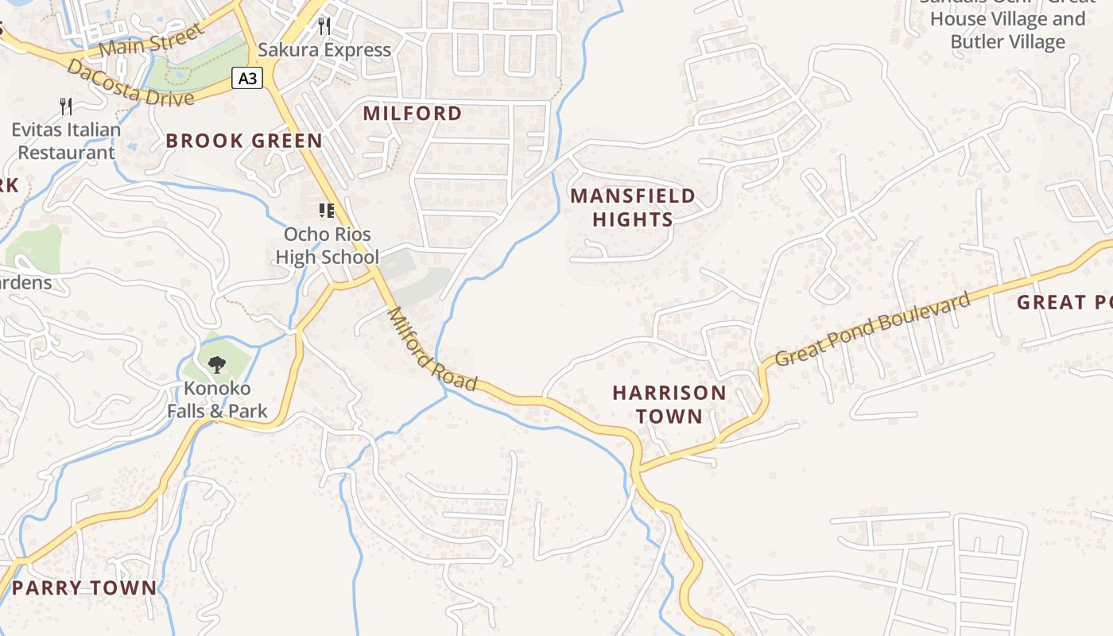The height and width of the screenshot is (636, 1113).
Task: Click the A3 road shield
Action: click(x=247, y=78)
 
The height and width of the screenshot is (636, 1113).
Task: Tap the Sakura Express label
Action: click(x=324, y=50)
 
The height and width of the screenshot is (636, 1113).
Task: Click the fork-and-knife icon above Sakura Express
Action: click(x=324, y=26)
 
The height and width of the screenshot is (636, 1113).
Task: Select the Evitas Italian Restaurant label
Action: click(x=66, y=141)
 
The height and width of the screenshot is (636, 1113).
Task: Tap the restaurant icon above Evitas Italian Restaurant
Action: click(x=66, y=106)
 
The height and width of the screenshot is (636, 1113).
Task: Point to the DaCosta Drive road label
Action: click(x=130, y=83)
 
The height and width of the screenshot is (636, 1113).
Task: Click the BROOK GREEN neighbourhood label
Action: click(x=244, y=141)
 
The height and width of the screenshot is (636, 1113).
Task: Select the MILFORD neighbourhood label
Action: click(x=412, y=113)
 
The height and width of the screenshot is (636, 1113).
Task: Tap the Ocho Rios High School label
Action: click(x=327, y=246)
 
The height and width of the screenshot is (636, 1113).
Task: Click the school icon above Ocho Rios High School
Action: click(x=326, y=211)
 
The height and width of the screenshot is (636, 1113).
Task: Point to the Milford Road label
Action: click(x=432, y=350)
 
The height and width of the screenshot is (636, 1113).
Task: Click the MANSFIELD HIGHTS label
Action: click(x=633, y=207)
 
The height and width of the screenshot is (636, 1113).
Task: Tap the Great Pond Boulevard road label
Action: click(x=872, y=329)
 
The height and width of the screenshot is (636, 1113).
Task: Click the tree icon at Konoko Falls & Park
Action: click(x=216, y=365)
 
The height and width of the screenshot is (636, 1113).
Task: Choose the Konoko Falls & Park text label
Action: click(x=217, y=400)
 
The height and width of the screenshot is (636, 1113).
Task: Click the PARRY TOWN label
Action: click(x=84, y=588)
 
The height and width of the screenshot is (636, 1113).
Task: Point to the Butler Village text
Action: click(x=1007, y=41)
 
